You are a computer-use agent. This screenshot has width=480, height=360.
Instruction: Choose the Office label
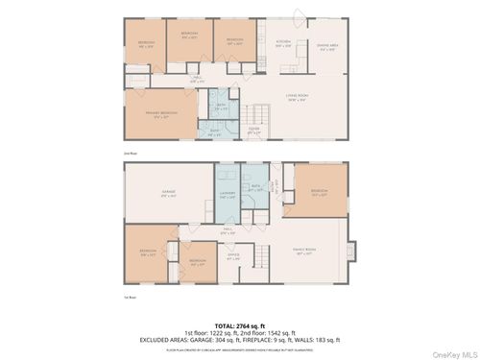[x=232, y=257]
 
